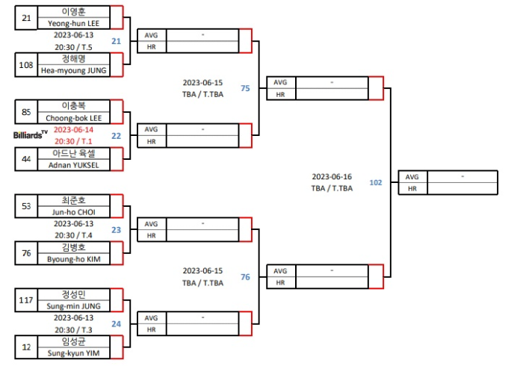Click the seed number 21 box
26,18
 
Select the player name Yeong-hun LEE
73,24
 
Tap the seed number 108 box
26,65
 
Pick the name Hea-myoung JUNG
73,71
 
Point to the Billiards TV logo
31,134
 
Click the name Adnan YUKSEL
73,165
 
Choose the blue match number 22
116,136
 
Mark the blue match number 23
116,230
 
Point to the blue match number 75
245,88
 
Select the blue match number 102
376,182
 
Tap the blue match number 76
245,277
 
